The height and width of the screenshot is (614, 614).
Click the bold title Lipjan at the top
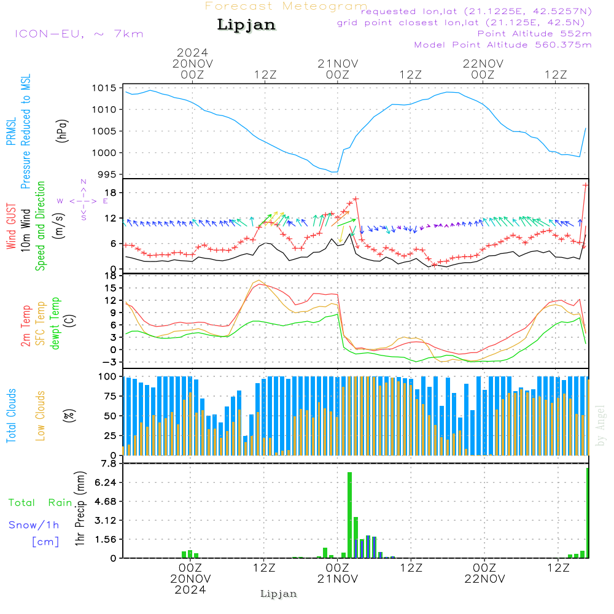[x=246, y=25]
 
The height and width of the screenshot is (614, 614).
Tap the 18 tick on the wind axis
[x=111, y=193]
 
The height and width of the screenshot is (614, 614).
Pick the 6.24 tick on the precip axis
[x=105, y=483]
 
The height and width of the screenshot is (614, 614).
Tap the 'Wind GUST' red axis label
[x=11, y=227]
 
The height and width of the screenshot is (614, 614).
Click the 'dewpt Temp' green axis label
[x=55, y=324]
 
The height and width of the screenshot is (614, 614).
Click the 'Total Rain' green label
[x=41, y=502]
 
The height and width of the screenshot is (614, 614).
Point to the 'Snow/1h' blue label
[x=34, y=525]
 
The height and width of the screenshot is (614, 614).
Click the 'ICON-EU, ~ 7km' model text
[x=79, y=34]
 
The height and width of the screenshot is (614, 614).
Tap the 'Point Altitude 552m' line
[x=534, y=34]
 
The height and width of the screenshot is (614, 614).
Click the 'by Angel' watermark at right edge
[x=600, y=426]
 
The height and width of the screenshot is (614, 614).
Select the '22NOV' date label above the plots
[x=483, y=64]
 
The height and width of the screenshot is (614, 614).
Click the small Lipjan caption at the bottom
[x=279, y=594]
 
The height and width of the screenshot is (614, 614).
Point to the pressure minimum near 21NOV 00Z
[x=334, y=172]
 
